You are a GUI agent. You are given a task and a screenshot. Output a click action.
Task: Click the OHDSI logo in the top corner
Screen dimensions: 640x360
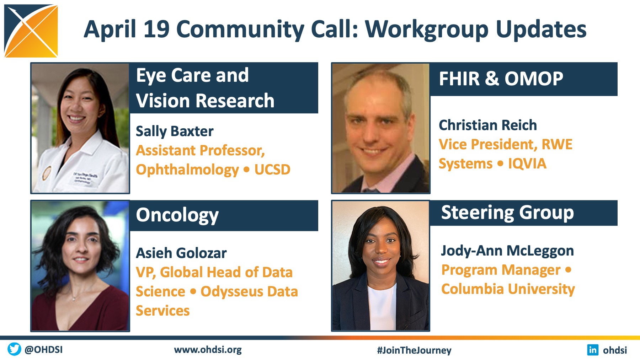pos(31,31)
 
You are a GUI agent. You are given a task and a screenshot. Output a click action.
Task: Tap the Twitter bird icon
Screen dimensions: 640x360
pos(14,349)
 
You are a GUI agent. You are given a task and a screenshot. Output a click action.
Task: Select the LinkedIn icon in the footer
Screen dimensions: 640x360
pos(593,350)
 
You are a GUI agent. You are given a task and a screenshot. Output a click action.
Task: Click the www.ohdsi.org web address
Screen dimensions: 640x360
pos(208,350)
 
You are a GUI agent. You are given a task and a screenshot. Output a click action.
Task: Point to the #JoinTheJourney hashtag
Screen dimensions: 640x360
pos(414,350)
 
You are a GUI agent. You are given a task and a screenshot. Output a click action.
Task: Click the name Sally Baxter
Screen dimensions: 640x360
pos(175,131)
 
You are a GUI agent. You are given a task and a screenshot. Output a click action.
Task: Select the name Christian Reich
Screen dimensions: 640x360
pos(487,125)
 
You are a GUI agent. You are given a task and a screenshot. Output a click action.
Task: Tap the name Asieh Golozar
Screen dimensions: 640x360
pos(181,253)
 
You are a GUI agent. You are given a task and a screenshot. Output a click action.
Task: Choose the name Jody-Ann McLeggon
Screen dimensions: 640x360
pos(507,251)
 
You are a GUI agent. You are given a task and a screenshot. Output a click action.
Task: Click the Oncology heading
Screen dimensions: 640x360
pos(177,215)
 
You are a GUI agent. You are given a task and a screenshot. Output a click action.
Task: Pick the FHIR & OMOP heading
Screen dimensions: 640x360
pos(501,79)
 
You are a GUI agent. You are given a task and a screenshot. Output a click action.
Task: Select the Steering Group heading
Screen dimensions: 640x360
pos(507,213)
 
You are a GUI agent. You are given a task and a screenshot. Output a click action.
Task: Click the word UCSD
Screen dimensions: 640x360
pos(272,170)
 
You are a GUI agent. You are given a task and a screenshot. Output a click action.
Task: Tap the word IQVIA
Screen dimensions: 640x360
pos(527,163)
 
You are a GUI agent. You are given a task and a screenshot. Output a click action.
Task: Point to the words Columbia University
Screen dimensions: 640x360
pos(508,289)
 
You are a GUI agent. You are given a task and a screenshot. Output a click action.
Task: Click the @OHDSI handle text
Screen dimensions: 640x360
pos(43,349)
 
